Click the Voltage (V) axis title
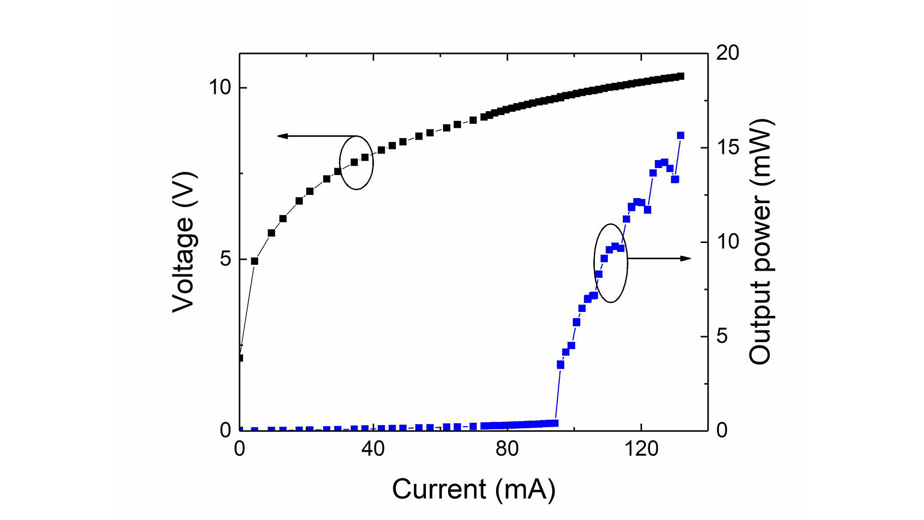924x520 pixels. [184, 242]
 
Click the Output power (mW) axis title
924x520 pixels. [760, 242]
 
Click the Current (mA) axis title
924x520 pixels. [474, 489]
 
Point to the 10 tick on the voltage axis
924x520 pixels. [221, 88]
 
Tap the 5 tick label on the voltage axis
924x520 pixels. [226, 259]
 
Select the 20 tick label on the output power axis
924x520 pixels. [727, 53]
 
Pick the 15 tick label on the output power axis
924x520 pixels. [727, 147]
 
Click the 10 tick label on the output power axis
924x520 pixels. [727, 242]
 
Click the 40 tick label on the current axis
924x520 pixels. [373, 449]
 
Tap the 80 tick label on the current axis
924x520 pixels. [507, 449]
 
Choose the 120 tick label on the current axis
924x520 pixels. [641, 449]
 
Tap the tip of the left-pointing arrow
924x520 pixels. [279, 136]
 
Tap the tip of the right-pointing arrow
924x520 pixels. [690, 259]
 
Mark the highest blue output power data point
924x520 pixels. [680, 135]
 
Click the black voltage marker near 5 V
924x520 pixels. [255, 261]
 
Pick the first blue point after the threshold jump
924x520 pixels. [560, 365]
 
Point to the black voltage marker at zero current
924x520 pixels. [240, 358]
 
